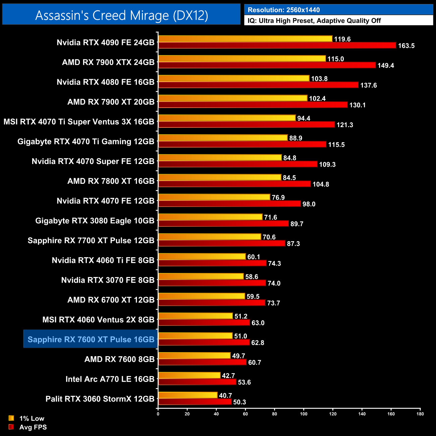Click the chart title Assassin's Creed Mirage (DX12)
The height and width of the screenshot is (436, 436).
(121, 15)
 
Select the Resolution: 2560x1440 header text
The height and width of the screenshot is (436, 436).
(283, 10)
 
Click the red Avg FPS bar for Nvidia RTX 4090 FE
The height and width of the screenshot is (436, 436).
(277, 45)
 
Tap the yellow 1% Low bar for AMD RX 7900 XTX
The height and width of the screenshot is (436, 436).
(242, 59)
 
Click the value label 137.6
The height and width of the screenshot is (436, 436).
(368, 85)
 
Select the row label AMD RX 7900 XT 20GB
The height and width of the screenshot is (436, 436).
(111, 102)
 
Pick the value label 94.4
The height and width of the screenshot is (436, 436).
(304, 118)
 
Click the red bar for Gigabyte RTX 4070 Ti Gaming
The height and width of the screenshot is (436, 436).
(242, 144)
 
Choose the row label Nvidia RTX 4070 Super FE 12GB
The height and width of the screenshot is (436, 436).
(93, 161)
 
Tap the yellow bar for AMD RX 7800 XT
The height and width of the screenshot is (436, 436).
(220, 177)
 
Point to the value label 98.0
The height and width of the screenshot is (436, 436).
(309, 204)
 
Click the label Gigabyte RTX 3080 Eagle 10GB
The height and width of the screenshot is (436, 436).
(95, 221)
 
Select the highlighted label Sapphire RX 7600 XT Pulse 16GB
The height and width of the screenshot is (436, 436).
(91, 339)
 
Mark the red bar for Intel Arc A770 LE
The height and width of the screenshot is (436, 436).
(197, 382)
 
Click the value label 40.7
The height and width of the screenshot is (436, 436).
(225, 396)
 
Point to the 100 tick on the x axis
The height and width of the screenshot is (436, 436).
(304, 414)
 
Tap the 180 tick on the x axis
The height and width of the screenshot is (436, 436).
(420, 414)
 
